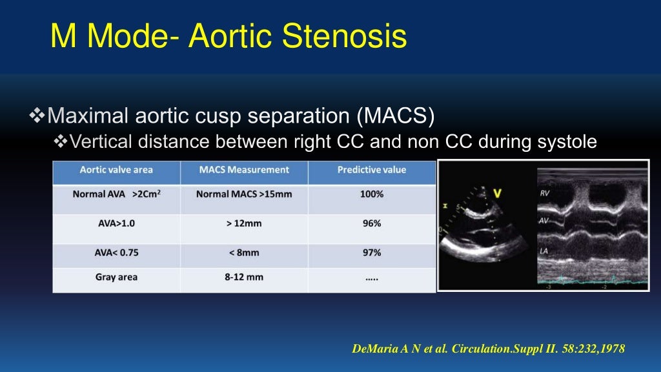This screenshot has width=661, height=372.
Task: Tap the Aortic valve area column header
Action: coord(116,170)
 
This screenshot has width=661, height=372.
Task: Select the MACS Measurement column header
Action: coord(244,170)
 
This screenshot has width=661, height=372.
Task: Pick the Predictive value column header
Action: coord(372,170)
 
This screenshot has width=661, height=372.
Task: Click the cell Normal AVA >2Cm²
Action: coord(116,194)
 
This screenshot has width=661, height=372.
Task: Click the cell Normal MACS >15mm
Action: coord(244,194)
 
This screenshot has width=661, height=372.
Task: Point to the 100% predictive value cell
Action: coord(372,194)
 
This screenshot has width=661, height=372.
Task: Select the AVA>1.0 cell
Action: coord(116,223)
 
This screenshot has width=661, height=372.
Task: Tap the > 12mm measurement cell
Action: coord(244,223)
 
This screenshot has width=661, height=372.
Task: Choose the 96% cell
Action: coord(372,223)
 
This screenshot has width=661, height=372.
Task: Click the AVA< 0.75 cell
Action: coord(116,253)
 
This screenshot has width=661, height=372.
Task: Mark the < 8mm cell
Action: coord(244,253)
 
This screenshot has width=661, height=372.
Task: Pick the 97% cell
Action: coord(372,253)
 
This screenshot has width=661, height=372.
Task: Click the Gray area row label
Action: coord(116,277)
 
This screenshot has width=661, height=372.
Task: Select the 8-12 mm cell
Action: coord(244,277)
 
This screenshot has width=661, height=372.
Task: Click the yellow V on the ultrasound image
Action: coord(497,192)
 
